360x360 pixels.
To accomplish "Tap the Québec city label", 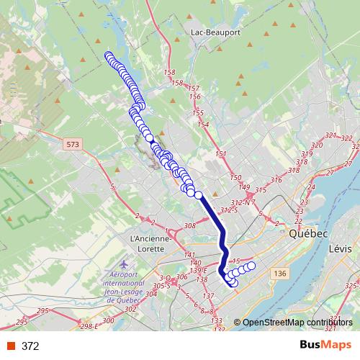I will [308, 235].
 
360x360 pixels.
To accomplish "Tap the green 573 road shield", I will [71, 145].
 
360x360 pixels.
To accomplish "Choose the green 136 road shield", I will [280, 273].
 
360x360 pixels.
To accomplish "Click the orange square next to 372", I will [11, 346].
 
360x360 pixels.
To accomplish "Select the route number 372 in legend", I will [30, 346].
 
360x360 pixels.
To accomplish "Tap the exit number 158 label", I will [170, 73].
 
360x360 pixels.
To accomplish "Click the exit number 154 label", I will [203, 125].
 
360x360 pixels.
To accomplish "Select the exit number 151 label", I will [221, 154].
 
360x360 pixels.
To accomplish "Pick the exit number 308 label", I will [190, 226].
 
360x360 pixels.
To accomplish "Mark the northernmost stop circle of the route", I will [109, 55].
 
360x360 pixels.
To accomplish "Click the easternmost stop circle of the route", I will [251, 266].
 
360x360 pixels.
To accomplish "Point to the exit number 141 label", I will [189, 256].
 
